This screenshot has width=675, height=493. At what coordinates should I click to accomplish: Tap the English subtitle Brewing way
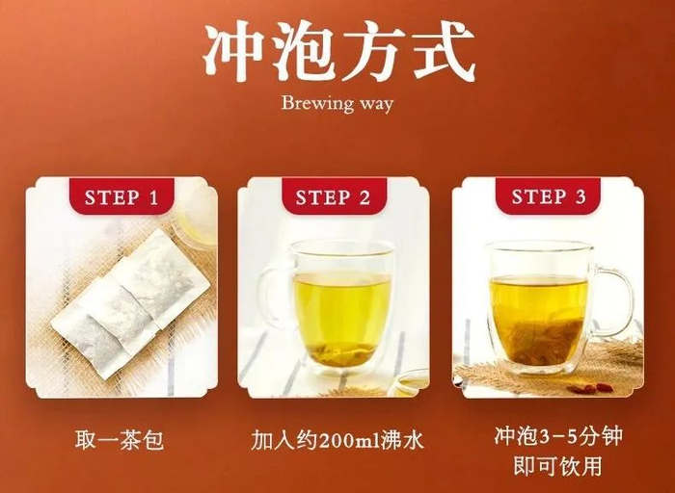tap(337, 104)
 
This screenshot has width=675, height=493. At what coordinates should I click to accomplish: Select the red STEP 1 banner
tap(121, 196)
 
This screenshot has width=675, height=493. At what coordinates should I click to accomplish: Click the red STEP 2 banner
tap(333, 196)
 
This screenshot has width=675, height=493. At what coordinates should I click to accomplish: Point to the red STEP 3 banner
tap(548, 196)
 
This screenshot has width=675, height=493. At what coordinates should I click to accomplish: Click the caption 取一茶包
tap(120, 440)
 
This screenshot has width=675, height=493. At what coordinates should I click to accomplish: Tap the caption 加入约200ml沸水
tap(337, 440)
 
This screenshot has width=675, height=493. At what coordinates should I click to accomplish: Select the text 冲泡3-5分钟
tap(558, 435)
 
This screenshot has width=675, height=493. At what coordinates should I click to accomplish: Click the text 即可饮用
tap(558, 465)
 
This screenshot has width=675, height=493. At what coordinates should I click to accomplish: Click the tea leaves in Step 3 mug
tap(537, 340)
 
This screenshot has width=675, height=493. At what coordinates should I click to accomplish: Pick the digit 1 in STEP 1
tap(152, 197)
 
